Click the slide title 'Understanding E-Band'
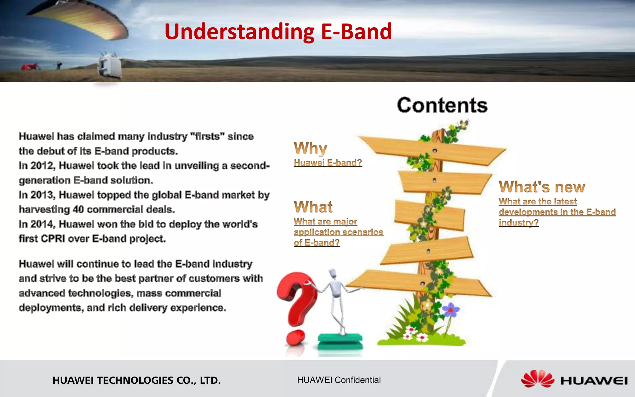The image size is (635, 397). click(278, 32)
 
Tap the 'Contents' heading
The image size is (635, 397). click(442, 105)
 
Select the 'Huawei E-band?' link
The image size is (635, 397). click(328, 163)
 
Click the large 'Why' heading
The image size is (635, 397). click(310, 148)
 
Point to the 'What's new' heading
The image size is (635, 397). click(542, 187)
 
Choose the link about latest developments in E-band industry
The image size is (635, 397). click(557, 212)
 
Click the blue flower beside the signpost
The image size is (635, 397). click(451, 310)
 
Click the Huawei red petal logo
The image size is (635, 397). click(537, 379)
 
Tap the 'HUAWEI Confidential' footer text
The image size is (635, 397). click(339, 380)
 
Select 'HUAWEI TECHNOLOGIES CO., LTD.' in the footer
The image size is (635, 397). click(136, 380)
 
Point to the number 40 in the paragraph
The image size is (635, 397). click(78, 210)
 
